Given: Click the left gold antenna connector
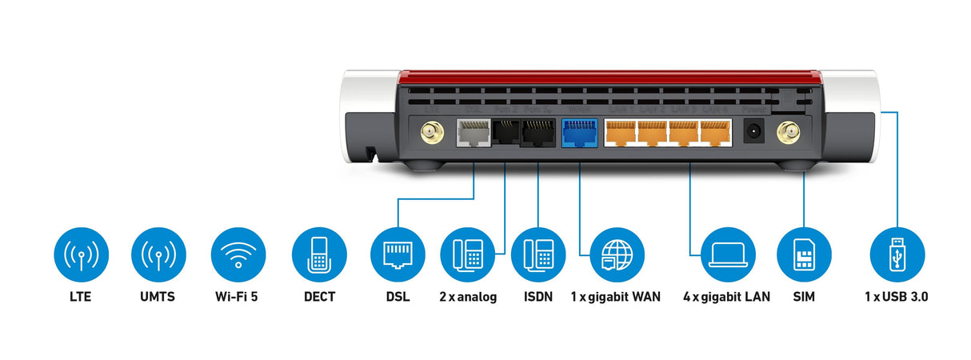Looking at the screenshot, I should click(433, 132).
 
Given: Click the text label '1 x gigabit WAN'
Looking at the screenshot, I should click(616, 297).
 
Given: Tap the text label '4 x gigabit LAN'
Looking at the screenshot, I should click(726, 297).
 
